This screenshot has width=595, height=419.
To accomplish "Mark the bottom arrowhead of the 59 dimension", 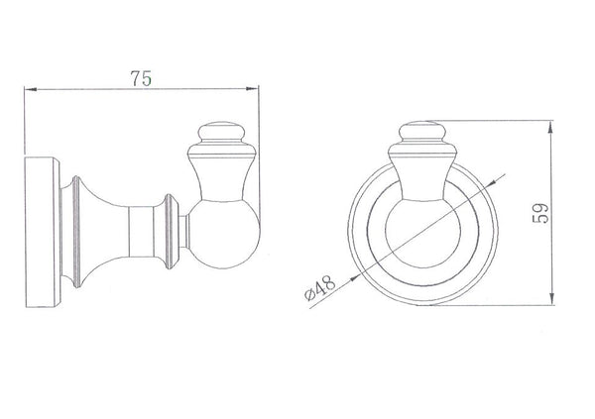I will tap(552, 301).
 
